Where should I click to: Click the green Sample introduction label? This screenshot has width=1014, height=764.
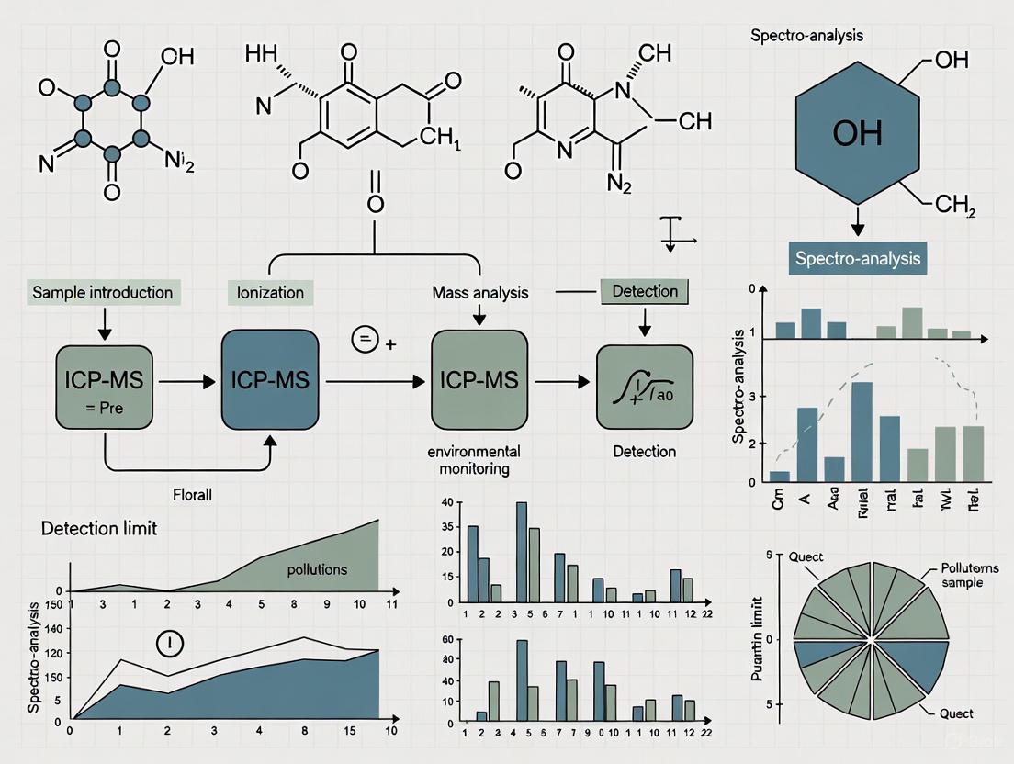(x=102, y=293)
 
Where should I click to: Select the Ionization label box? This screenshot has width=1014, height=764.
(x=270, y=293)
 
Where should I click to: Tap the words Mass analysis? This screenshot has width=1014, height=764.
(x=480, y=294)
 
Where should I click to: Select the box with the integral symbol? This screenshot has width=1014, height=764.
(x=644, y=387)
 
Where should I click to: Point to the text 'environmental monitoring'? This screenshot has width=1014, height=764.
(x=473, y=459)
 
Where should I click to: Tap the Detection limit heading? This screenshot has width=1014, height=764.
(x=98, y=529)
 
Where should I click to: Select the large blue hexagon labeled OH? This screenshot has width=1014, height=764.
(x=856, y=134)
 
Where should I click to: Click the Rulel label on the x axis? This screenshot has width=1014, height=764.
(x=862, y=502)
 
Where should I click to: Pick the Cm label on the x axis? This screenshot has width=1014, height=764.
(x=779, y=501)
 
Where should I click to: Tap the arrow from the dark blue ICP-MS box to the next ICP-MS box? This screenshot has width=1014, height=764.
(x=374, y=381)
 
